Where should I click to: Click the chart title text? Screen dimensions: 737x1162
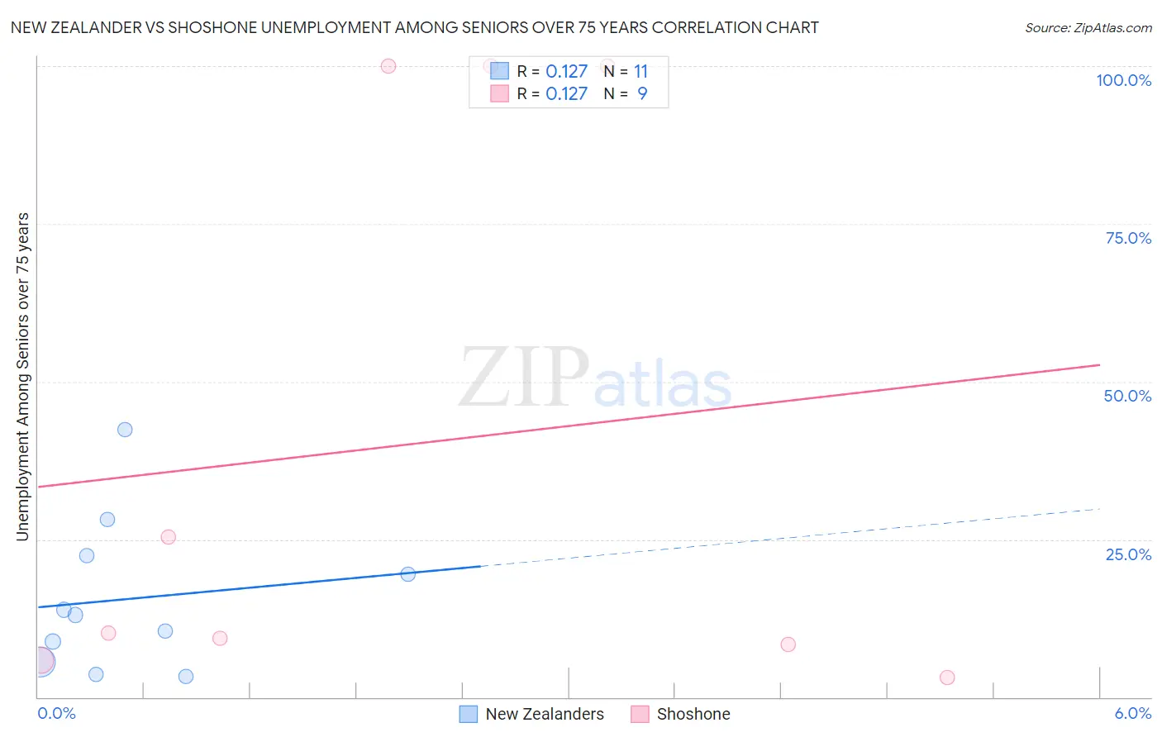pos(414,27)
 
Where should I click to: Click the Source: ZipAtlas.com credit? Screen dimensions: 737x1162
pos(1088,28)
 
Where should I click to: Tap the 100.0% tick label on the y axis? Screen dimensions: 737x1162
pos(1123,80)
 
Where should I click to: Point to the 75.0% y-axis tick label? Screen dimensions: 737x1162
pos(1128,238)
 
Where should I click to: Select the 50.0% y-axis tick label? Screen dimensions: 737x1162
pos(1127,396)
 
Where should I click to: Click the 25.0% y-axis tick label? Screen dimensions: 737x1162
pos(1128,554)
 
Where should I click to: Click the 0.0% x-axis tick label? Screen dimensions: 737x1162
pos(56,713)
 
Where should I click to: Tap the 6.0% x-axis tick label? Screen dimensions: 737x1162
pos(1132,713)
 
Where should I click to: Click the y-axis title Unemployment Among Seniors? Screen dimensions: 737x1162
pos(22,377)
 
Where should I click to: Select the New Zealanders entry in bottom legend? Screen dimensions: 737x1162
pos(544,714)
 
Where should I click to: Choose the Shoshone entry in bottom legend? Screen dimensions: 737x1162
pos(693,714)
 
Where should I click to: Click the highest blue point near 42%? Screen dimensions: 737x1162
pos(125,430)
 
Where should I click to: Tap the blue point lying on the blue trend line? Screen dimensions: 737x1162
pos(407,574)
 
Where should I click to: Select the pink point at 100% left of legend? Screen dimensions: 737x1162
pos(388,66)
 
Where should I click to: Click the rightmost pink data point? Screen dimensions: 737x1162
pos(947,678)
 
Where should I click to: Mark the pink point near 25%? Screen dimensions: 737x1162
pos(168,537)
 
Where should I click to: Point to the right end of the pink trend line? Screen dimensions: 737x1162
pos(1099,364)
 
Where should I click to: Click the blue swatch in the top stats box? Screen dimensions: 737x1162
pos(499,71)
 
